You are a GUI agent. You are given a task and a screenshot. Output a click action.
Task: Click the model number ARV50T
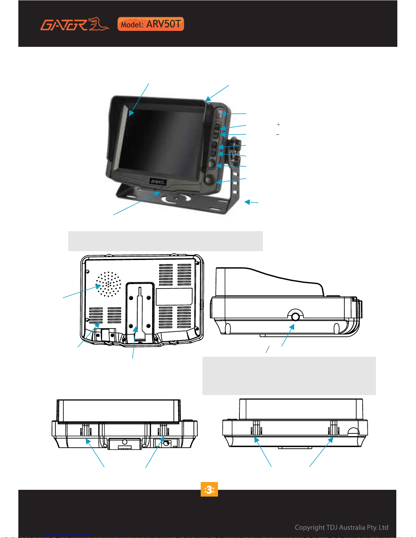[x=163, y=24]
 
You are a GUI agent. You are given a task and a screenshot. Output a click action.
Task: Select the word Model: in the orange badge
[x=132, y=25]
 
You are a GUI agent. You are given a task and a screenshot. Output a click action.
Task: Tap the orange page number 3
[x=209, y=489]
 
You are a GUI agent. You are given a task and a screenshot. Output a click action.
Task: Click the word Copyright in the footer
[x=309, y=527]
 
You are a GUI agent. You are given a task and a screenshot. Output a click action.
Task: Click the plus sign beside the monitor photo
[x=278, y=124]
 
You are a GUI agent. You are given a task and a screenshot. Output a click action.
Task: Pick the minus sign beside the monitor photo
[x=277, y=134]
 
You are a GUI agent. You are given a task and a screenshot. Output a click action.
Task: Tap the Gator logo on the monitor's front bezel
[x=158, y=182]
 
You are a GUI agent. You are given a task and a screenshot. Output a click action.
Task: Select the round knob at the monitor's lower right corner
[x=209, y=179]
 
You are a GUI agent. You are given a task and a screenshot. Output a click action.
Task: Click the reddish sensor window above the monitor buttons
[x=219, y=113]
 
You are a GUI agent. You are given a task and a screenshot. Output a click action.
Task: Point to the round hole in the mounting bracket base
[x=176, y=198]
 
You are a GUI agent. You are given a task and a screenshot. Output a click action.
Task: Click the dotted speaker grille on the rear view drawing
[x=108, y=284]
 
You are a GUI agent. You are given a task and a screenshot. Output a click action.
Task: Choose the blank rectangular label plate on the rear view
[x=174, y=296]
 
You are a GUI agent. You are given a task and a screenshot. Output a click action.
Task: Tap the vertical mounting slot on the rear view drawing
[x=140, y=313]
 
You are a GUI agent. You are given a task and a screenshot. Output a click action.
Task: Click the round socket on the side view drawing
[x=295, y=316]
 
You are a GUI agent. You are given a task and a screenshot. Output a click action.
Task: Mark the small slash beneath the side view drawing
[x=268, y=349]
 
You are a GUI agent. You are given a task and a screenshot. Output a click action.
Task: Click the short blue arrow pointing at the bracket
[x=251, y=202]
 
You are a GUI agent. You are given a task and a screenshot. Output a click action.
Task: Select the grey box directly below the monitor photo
[x=165, y=241]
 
